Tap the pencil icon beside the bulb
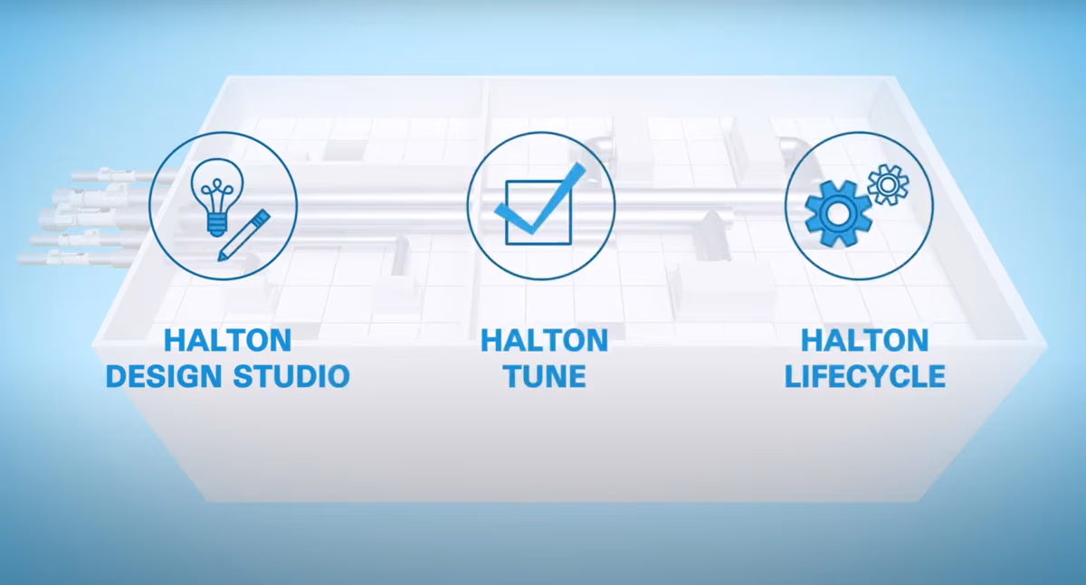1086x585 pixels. pyautogui.click(x=243, y=235)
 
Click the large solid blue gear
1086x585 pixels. pyautogui.click(x=838, y=213)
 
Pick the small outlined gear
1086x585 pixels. pyautogui.click(x=888, y=184)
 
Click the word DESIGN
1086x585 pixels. pyautogui.click(x=165, y=376)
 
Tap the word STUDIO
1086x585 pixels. pyautogui.click(x=291, y=376)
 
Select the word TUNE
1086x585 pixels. pyautogui.click(x=545, y=376)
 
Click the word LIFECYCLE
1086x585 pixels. pyautogui.click(x=865, y=376)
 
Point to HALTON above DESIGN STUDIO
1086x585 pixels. pyautogui.click(x=228, y=340)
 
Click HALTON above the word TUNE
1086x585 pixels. pyautogui.click(x=545, y=340)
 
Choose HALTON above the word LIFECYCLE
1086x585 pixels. pyautogui.click(x=865, y=340)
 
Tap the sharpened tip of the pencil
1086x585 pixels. pyautogui.click(x=221, y=258)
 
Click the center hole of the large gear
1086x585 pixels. pyautogui.click(x=838, y=213)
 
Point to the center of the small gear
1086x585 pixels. pyautogui.click(x=888, y=184)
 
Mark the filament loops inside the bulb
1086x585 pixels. pyautogui.click(x=216, y=189)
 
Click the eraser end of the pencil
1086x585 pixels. pyautogui.click(x=262, y=216)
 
